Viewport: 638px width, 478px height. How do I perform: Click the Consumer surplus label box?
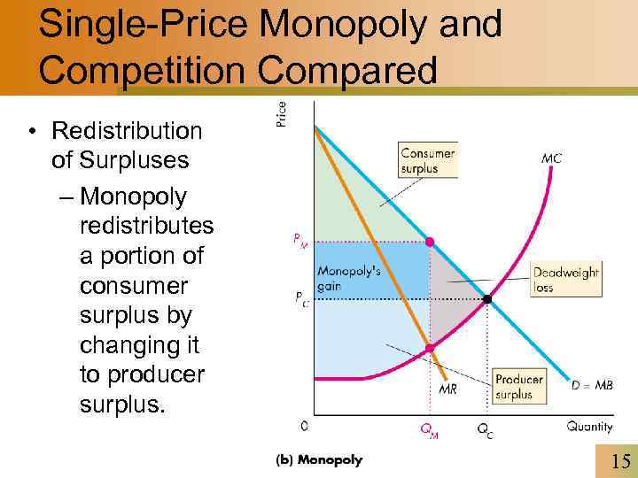[429, 160]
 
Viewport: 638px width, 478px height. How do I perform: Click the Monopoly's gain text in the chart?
[349, 280]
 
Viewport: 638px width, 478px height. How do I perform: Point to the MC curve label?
[551, 160]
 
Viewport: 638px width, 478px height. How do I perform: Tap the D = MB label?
[592, 385]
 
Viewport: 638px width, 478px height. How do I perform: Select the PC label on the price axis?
[302, 298]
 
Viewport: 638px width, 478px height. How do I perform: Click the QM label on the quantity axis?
[428, 431]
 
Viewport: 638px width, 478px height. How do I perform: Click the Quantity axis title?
[589, 427]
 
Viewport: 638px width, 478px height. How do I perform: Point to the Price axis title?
[282, 112]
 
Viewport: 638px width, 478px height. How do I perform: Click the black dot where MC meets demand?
[487, 300]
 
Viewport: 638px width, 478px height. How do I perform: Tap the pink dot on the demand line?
[431, 242]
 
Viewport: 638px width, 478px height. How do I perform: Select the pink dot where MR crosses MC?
[431, 349]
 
